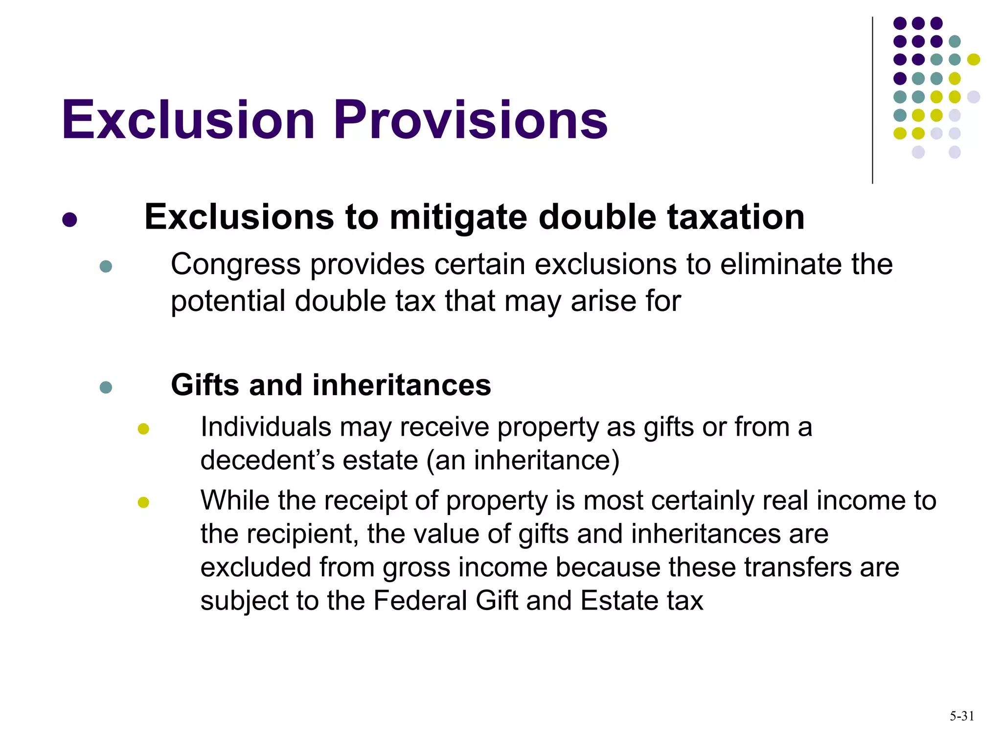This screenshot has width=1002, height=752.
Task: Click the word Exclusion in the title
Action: [x=188, y=120]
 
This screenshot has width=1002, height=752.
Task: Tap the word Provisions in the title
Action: [x=471, y=120]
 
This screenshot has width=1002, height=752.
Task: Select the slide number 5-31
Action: [x=961, y=716]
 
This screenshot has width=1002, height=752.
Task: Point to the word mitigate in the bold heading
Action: [x=458, y=218]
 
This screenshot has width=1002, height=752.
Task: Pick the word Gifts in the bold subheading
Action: [x=205, y=385]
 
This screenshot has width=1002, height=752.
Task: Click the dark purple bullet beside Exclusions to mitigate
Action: [x=70, y=219]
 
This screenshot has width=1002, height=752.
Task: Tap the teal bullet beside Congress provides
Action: [x=106, y=266]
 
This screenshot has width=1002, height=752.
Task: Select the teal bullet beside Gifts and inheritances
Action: [x=106, y=387]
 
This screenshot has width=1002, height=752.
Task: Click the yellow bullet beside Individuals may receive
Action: [x=143, y=429]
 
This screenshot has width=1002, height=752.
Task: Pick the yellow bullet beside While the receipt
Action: [x=143, y=502]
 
